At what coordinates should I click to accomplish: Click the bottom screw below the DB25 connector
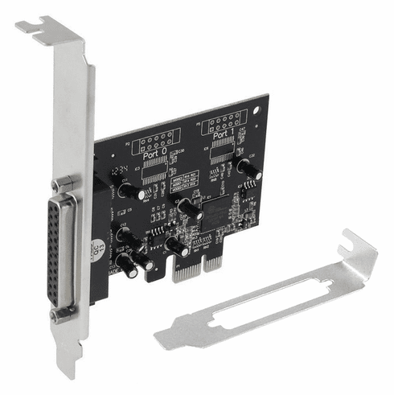(58, 315)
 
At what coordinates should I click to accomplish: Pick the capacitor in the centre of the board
(190, 208)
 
